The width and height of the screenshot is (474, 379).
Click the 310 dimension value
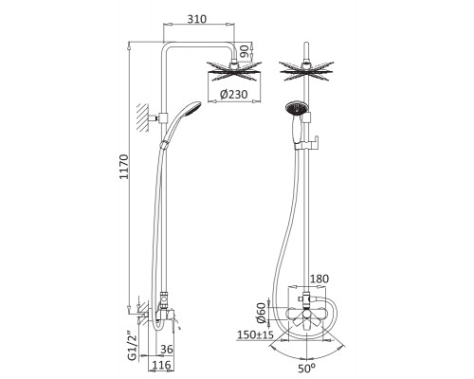196,19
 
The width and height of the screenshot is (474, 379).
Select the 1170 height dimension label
124,167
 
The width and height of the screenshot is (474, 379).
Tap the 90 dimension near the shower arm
244,51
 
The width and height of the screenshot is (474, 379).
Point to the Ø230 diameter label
234,94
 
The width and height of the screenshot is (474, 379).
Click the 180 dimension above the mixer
319,279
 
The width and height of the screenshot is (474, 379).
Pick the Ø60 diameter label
262,313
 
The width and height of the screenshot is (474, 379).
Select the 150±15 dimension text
255,334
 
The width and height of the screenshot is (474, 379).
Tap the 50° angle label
306,368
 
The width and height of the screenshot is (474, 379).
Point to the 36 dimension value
167,349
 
